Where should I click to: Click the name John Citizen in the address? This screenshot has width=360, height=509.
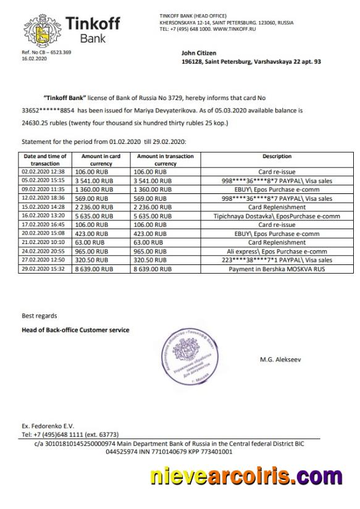[x=199, y=54]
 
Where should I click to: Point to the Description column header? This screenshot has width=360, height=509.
[x=276, y=156]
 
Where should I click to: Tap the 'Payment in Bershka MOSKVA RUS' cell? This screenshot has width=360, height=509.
[x=276, y=270]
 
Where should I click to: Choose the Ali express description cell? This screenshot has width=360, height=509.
[x=276, y=252]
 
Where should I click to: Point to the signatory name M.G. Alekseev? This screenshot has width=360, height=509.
[x=282, y=359]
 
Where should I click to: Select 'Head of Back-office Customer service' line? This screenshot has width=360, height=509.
[x=75, y=330]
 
